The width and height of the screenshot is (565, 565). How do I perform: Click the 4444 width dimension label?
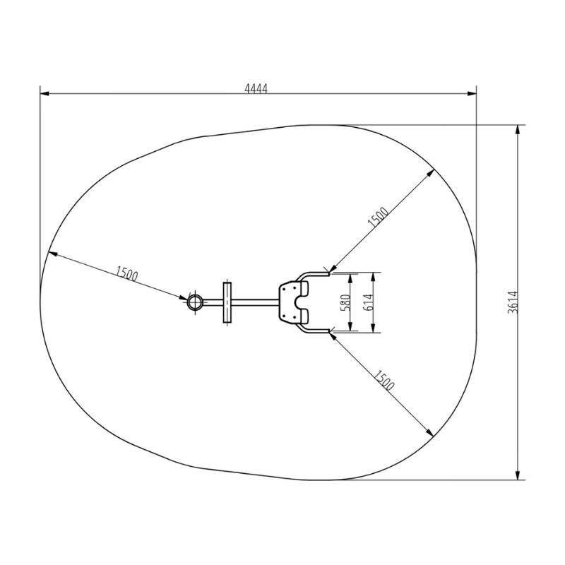pos(256,88)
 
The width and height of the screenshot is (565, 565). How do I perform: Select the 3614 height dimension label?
pos(513,302)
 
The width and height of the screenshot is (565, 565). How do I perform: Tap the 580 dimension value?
pos(345,302)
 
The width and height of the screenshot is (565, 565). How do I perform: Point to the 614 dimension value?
pos(369,302)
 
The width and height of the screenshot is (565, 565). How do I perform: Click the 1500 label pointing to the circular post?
pos(126,274)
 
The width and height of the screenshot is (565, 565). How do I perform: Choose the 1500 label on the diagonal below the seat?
pos(383,381)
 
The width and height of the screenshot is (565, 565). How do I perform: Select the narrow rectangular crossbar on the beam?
pos(227,302)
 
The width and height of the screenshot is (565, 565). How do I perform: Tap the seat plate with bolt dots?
pos(288,302)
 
